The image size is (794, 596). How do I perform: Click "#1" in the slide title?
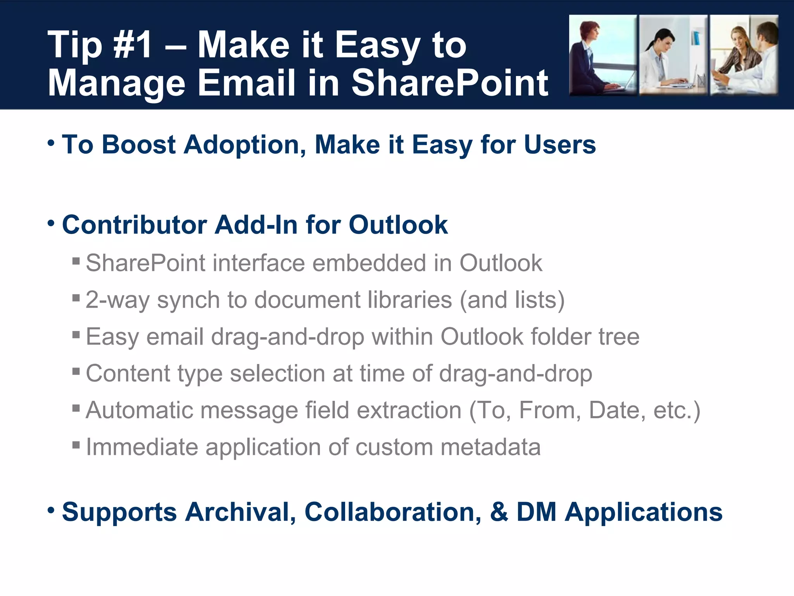point(132,46)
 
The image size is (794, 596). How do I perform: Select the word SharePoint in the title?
point(450,83)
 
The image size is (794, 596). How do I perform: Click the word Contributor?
point(134,225)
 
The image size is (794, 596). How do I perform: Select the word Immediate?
point(142,447)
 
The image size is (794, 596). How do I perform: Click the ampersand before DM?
point(499,512)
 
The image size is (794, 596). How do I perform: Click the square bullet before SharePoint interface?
point(76,260)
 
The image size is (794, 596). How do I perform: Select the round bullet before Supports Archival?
point(51,509)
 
